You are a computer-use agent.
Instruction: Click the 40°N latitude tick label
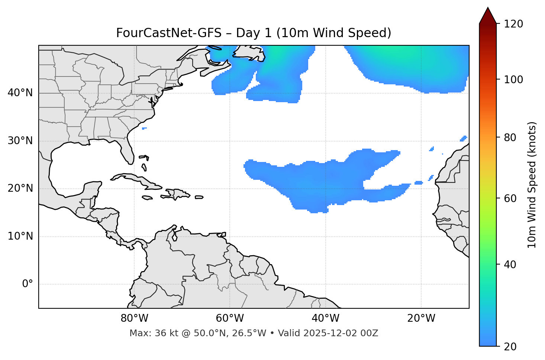pyautogui.click(x=20, y=93)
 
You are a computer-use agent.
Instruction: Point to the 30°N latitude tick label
pyautogui.click(x=20, y=141)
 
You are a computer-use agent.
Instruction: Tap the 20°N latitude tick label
pyautogui.click(x=20, y=188)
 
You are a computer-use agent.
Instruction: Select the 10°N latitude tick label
pyautogui.click(x=20, y=236)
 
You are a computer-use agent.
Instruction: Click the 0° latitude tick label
pyautogui.click(x=28, y=284)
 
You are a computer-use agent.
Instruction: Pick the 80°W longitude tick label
pyautogui.click(x=134, y=318)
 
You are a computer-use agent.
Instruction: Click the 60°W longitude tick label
pyautogui.click(x=230, y=318)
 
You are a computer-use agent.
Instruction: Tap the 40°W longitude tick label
pyautogui.click(x=325, y=318)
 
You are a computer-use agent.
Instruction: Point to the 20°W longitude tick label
pyautogui.click(x=421, y=318)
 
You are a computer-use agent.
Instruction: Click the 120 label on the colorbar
pyautogui.click(x=513, y=24)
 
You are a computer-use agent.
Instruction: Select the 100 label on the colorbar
pyautogui.click(x=513, y=80)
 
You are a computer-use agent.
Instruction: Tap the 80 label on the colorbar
pyautogui.click(x=511, y=137)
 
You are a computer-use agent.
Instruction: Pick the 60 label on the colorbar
pyautogui.click(x=511, y=198)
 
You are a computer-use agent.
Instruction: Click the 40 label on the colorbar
pyautogui.click(x=511, y=265)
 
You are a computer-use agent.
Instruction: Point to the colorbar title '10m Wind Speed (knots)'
pyautogui.click(x=532, y=185)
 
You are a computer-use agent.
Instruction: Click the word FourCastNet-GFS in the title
pyautogui.click(x=169, y=33)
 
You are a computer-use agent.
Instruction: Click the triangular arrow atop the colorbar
pyautogui.click(x=488, y=16)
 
